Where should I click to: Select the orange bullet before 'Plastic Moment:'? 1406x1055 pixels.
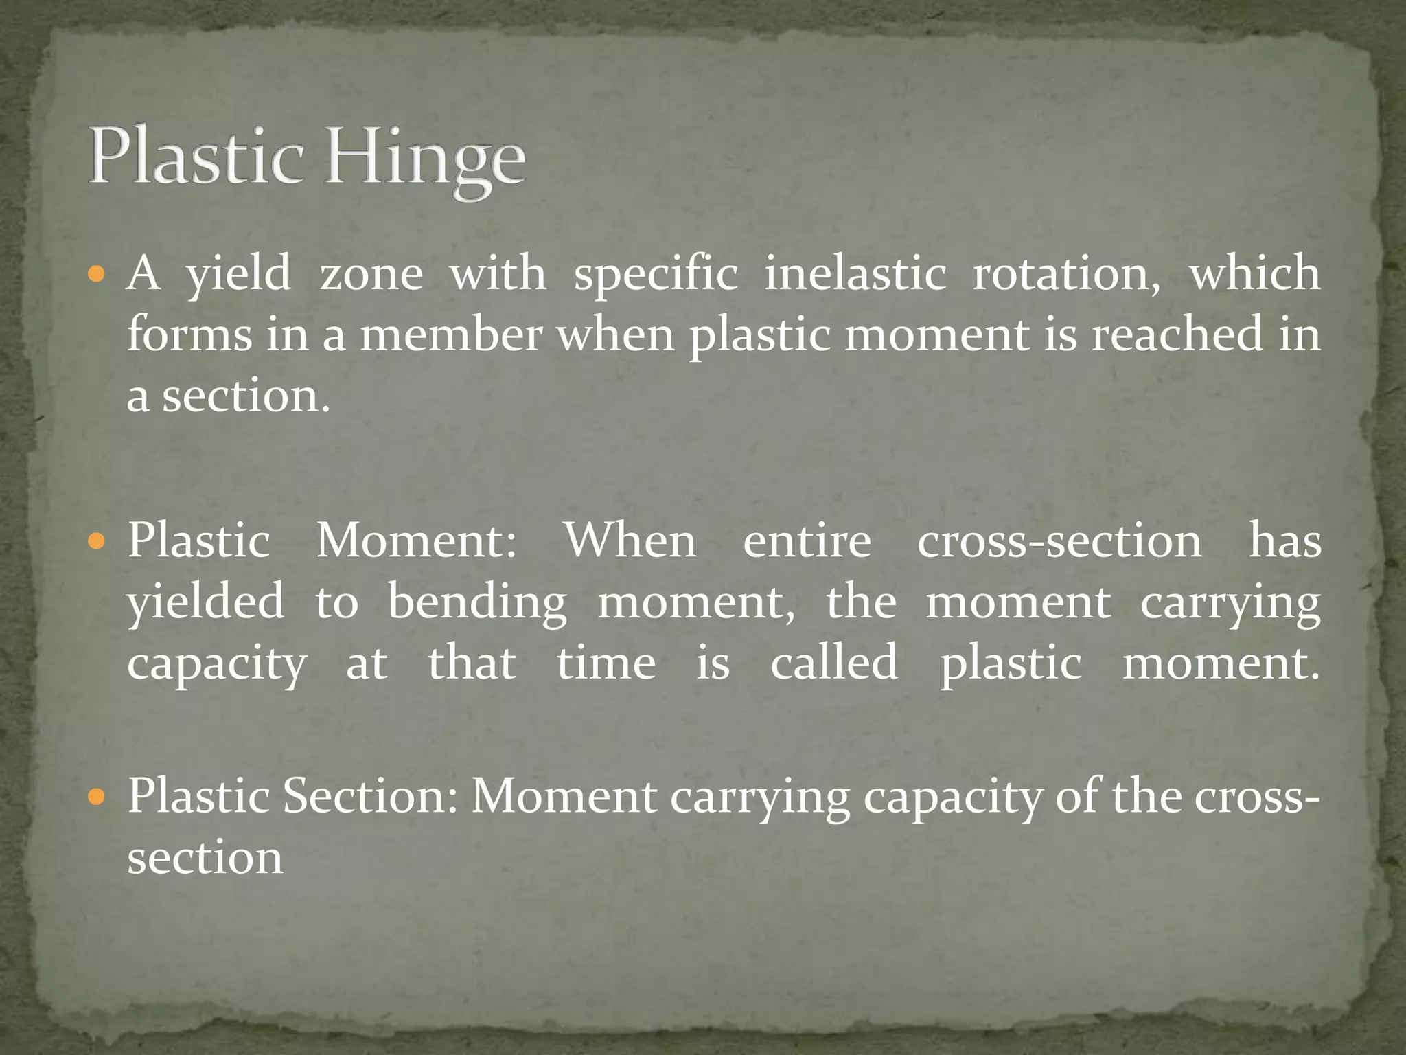97,543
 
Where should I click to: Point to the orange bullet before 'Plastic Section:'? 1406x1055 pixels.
97,798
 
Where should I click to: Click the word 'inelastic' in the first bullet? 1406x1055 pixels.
855,273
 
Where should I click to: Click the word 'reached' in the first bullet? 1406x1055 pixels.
1177,334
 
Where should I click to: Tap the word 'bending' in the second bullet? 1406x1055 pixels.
478,603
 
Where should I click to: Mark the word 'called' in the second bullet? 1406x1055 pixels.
833,663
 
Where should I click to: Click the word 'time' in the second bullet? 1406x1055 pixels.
606,663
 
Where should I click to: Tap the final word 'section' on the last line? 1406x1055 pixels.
205,858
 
